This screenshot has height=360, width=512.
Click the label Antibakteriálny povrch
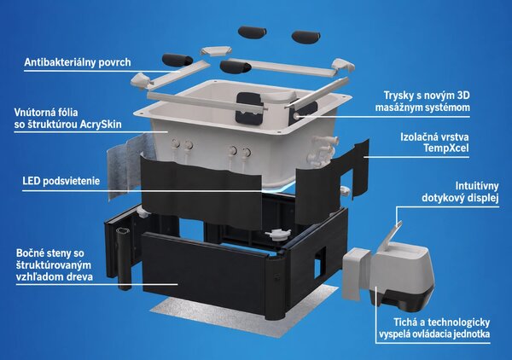(x=78, y=62)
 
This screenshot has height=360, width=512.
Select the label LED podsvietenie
(x=61, y=181)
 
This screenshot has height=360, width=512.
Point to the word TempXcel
(x=446, y=148)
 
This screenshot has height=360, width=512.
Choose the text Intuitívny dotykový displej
(x=460, y=192)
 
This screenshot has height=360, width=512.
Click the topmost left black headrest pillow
(x=252, y=32)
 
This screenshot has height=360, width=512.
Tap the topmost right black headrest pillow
(x=306, y=36)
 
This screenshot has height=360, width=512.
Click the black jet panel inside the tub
(x=249, y=107)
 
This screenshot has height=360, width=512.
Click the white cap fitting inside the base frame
(x=278, y=234)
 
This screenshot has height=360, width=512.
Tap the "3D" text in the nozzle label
(x=462, y=96)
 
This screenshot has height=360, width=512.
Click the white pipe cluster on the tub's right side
(x=324, y=150)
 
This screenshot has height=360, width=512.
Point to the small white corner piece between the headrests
(x=216, y=51)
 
